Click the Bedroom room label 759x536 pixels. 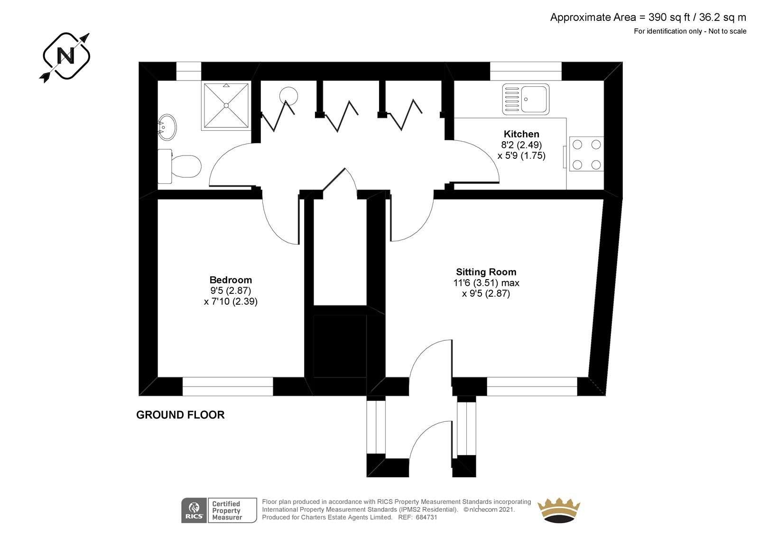(231, 280)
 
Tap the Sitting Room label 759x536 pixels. (486, 272)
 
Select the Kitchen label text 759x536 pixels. (521, 134)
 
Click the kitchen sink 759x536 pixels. (526, 99)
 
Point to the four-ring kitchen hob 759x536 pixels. (586, 154)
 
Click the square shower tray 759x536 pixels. (226, 106)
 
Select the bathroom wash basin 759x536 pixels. (167, 127)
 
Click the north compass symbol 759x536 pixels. (66, 56)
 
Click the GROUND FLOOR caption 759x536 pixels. (180, 415)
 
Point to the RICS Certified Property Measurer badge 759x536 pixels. (219, 510)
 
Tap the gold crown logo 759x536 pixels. (559, 510)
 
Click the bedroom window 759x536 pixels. (228, 386)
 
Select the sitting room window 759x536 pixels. (532, 386)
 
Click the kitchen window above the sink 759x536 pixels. (526, 71)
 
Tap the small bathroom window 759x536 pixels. (189, 71)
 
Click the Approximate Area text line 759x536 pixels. (648, 18)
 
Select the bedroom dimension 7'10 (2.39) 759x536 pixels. (231, 301)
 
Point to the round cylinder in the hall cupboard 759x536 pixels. (288, 95)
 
